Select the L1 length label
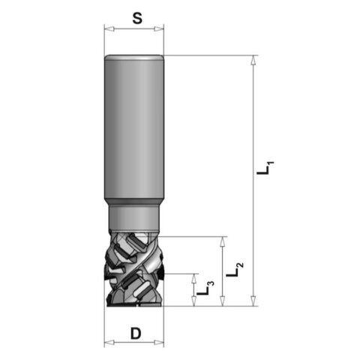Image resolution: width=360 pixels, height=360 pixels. click(x=264, y=169)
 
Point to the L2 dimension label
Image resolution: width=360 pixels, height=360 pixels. click(x=238, y=268)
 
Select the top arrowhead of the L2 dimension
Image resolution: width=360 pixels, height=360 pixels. click(x=223, y=240)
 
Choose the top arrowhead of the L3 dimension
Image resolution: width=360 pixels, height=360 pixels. click(x=192, y=277)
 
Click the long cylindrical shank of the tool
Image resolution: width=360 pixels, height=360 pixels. click(x=133, y=127)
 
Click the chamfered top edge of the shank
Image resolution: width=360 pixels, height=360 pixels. click(x=133, y=57)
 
